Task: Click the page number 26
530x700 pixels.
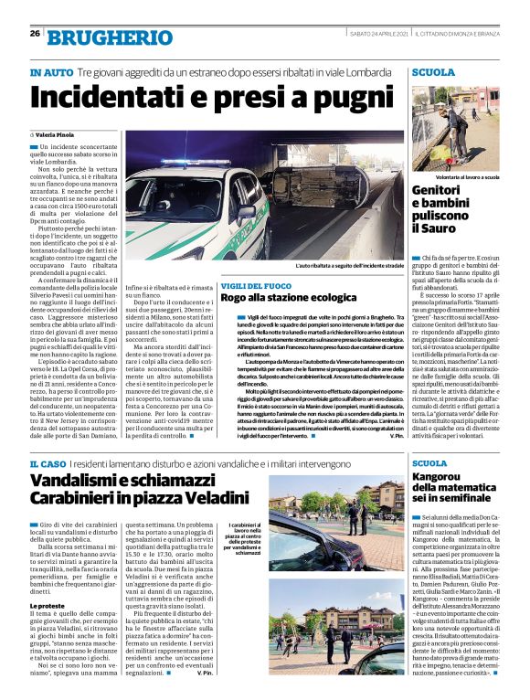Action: pos(34,34)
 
